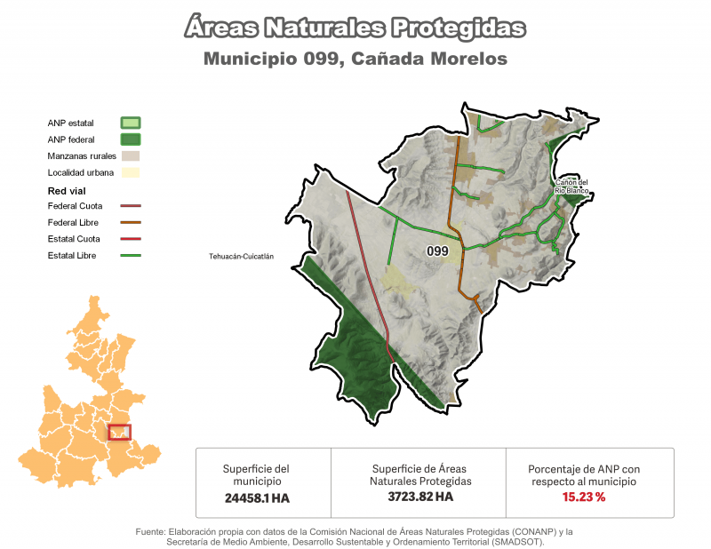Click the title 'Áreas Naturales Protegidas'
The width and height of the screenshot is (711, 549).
(355, 28)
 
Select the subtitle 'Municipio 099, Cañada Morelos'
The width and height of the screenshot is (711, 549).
(355, 60)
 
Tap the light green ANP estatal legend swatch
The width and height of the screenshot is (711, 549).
(131, 123)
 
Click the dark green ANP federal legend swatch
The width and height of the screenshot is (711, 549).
(131, 139)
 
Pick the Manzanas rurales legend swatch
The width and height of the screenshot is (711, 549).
(131, 155)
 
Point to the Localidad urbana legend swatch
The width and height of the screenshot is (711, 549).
(131, 172)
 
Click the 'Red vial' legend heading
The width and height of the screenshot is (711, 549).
(68, 190)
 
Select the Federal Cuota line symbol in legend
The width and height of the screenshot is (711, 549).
(130, 206)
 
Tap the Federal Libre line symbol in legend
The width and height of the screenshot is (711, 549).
(130, 222)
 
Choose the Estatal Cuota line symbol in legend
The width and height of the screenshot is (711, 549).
(130, 239)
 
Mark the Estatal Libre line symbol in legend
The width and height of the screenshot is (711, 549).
(130, 256)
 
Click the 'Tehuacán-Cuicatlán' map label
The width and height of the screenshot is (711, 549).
(241, 256)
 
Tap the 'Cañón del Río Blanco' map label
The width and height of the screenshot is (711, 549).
(571, 187)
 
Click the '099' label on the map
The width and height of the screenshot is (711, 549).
(436, 251)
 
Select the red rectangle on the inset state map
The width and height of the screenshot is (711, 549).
(119, 433)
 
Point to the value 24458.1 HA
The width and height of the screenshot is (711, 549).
(256, 498)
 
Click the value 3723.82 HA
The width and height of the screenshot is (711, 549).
(420, 497)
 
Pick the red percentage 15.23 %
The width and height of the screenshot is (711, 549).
(583, 497)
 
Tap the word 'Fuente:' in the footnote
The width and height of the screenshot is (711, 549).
(151, 531)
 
